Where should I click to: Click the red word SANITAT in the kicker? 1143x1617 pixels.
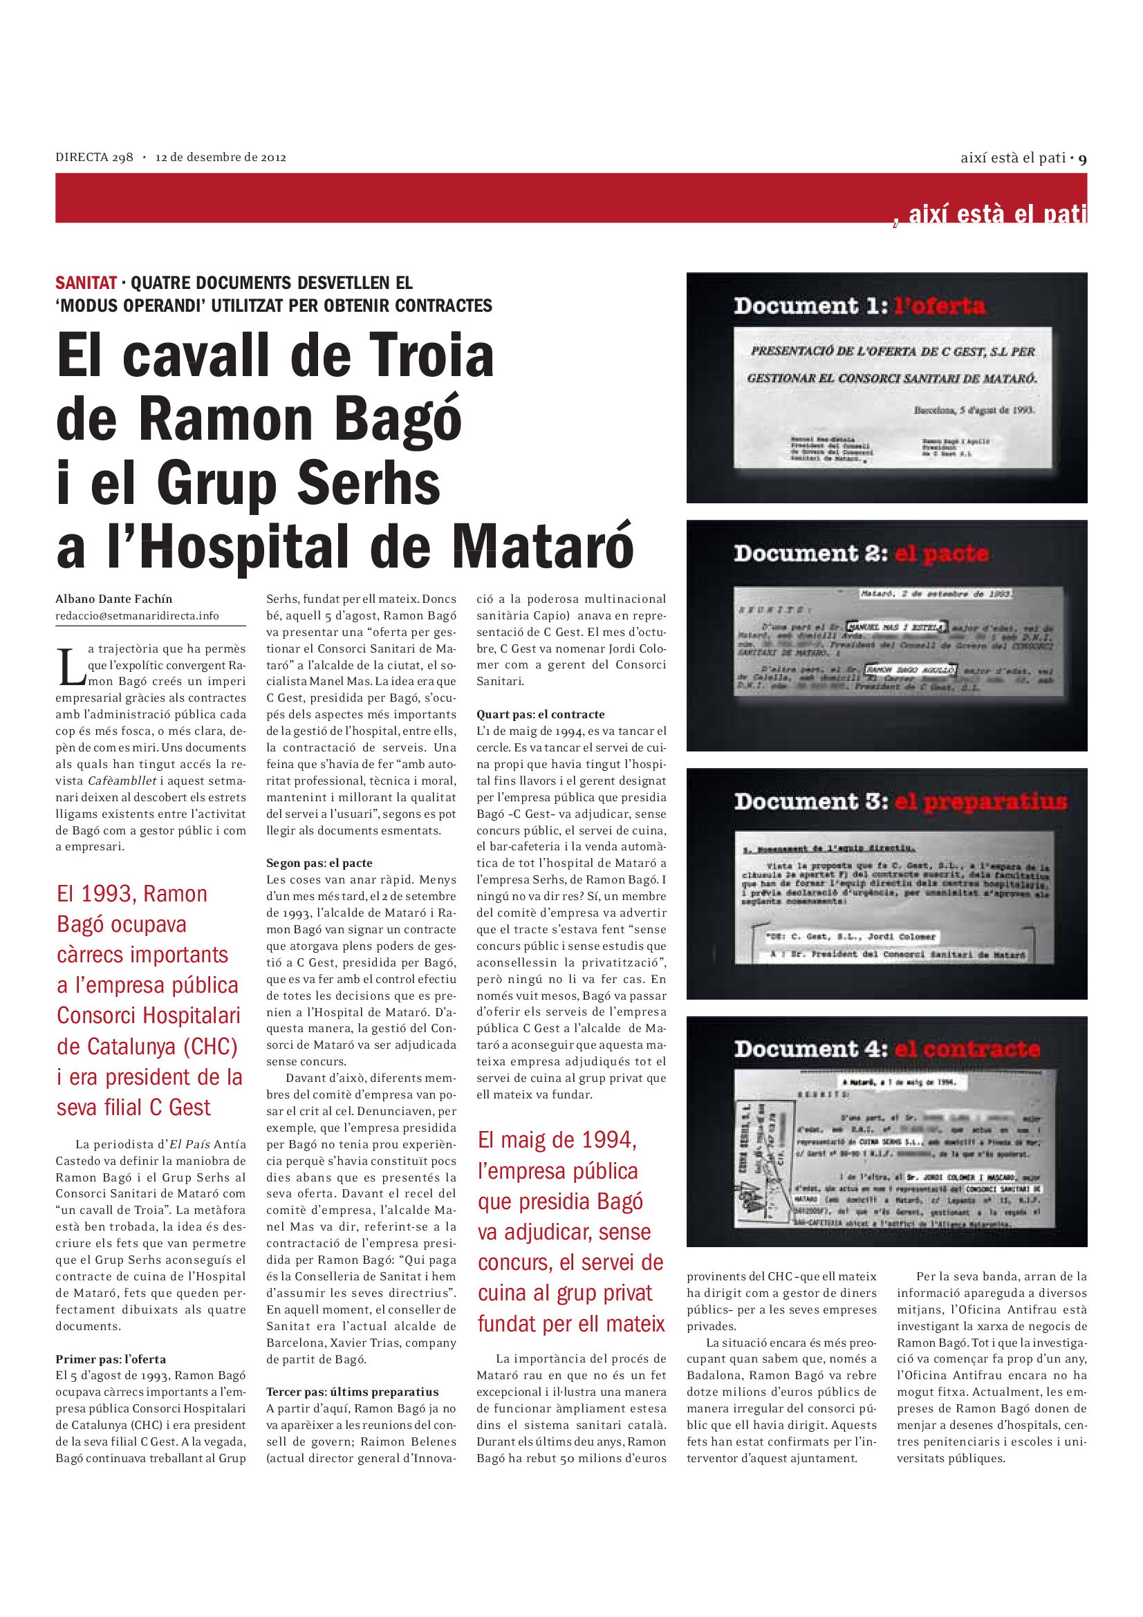click(86, 283)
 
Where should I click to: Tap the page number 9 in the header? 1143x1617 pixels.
click(1082, 159)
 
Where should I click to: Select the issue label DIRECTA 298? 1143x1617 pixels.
click(94, 158)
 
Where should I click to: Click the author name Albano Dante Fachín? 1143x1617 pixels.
click(114, 599)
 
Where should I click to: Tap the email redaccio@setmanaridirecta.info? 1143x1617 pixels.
click(138, 616)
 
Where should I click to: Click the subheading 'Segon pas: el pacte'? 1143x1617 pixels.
click(319, 863)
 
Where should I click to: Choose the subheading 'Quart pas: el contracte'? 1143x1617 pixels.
click(540, 715)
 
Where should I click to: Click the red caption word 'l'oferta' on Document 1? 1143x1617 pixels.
click(940, 306)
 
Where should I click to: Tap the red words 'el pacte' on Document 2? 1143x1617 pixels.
click(942, 554)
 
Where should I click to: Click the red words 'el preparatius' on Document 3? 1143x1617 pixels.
click(981, 802)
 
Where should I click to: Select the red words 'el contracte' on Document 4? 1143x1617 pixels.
click(967, 1050)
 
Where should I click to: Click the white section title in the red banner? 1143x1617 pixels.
click(996, 214)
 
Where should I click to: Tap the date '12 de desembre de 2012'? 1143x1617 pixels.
click(221, 158)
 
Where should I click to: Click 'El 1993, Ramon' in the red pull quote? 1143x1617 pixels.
click(132, 895)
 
